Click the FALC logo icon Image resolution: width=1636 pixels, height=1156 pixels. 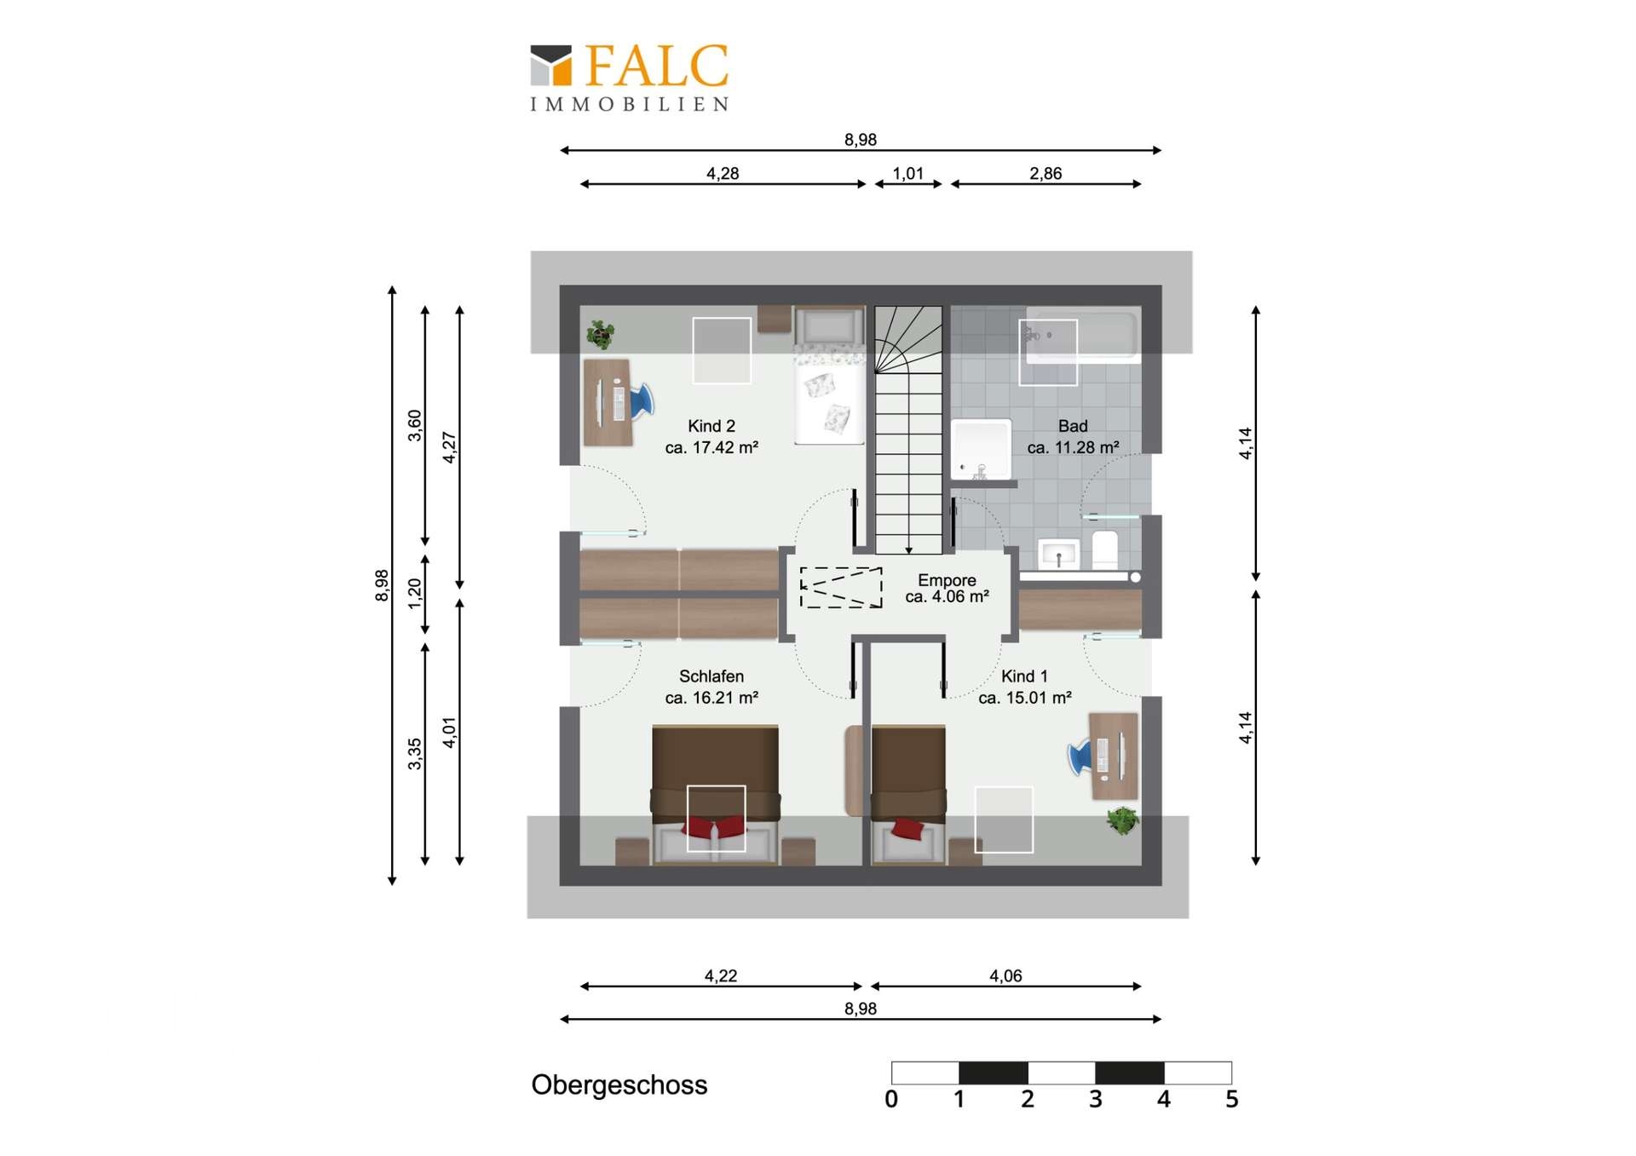[550, 66]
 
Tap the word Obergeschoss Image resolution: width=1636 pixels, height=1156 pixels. [619, 1085]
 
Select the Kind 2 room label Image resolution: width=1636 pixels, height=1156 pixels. [711, 436]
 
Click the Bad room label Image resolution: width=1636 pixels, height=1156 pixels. [1073, 436]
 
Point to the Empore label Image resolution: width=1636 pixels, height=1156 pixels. [947, 589]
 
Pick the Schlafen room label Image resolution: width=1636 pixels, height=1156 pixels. [711, 687]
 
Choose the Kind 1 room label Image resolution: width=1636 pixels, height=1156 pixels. [1024, 687]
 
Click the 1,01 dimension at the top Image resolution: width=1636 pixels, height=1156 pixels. [908, 174]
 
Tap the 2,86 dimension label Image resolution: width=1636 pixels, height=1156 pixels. [1046, 174]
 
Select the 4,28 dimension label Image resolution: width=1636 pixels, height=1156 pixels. [723, 174]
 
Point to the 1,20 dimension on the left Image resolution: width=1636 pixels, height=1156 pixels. [415, 594]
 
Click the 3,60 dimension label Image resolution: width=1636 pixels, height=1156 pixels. [415, 426]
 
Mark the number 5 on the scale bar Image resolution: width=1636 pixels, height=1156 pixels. [1232, 1100]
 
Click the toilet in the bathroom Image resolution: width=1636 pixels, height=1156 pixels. [1105, 549]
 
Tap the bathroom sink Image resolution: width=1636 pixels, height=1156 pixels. [1059, 554]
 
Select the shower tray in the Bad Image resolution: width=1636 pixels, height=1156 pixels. [982, 449]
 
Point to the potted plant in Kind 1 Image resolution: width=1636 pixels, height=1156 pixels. [1122, 821]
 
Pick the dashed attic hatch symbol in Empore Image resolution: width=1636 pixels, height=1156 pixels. [841, 588]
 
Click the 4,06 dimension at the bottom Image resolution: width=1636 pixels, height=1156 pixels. [1005, 976]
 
